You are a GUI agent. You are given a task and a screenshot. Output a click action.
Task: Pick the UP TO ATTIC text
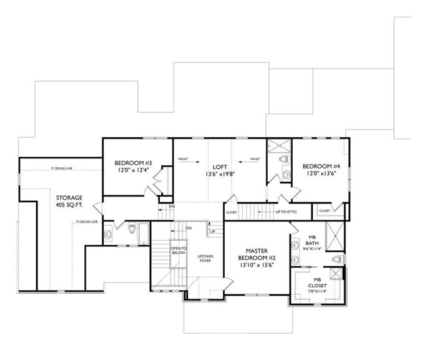(285, 212)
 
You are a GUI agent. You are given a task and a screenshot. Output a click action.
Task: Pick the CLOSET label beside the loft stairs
(231, 212)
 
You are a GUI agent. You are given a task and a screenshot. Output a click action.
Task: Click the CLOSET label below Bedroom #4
(325, 211)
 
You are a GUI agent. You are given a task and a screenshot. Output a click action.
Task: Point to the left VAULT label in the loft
(183, 159)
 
